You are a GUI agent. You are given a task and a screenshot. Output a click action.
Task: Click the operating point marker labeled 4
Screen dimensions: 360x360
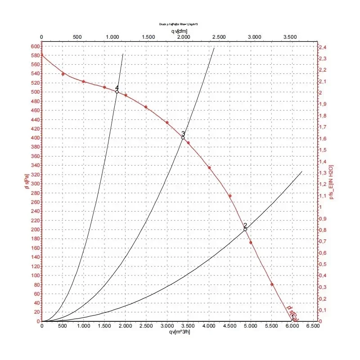pyautogui.click(x=117, y=92)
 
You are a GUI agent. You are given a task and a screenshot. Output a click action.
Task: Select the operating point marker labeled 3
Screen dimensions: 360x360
pyautogui.click(x=183, y=138)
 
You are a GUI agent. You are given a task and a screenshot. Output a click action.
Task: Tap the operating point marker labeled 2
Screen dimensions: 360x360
pyautogui.click(x=245, y=229)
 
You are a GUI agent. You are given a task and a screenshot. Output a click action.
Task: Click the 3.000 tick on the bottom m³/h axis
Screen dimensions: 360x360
pyautogui.click(x=167, y=326)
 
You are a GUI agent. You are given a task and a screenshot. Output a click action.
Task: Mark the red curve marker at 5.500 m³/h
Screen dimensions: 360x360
pyautogui.click(x=272, y=284)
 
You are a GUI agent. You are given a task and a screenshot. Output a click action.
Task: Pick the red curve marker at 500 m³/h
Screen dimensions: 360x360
pyautogui.click(x=63, y=74)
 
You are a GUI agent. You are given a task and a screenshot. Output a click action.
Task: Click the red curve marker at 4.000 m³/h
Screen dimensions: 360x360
pyautogui.click(x=209, y=168)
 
